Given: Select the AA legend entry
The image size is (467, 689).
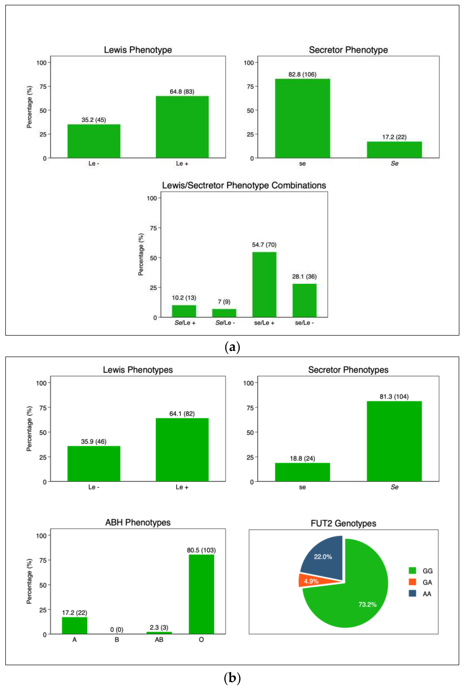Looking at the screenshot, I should [x=420, y=594].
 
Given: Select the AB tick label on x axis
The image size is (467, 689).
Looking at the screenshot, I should [x=159, y=640].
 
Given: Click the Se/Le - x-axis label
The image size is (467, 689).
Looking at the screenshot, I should [x=225, y=323].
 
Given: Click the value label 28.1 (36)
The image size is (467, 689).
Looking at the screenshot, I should [x=304, y=277].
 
